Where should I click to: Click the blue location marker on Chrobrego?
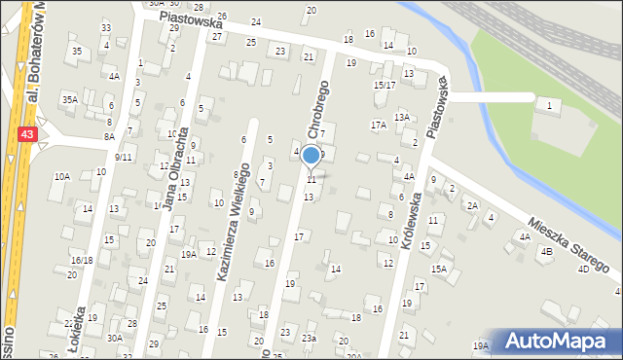(311, 156)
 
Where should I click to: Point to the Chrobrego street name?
(320, 108)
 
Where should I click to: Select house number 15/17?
(385, 85)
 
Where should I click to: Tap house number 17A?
(378, 125)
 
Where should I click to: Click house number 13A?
(401, 117)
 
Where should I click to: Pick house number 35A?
(69, 99)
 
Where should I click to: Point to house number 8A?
(109, 137)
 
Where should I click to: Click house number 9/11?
(124, 157)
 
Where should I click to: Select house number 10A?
(62, 176)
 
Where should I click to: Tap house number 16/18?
(82, 260)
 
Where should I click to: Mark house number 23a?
(309, 338)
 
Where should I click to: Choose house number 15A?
(439, 269)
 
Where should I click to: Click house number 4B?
(546, 251)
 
